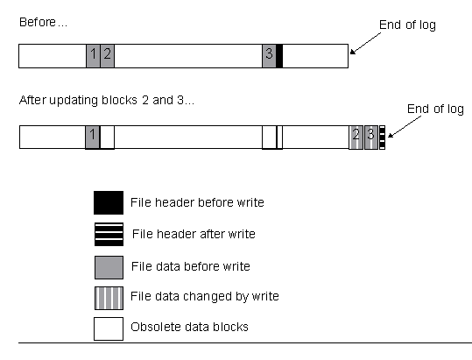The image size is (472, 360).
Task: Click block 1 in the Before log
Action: (x=93, y=56)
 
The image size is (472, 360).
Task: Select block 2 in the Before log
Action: (x=107, y=56)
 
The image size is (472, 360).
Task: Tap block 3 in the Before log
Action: (x=269, y=56)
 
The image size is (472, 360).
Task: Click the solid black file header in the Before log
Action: (x=279, y=56)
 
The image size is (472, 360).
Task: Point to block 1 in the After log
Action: (x=93, y=137)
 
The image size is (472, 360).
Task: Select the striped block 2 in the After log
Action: (x=356, y=138)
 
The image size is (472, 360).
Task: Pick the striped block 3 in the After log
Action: (x=371, y=138)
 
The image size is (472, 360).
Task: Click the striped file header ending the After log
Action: (x=382, y=138)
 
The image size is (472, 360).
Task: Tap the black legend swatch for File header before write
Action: (x=109, y=202)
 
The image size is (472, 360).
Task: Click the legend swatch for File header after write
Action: (x=109, y=234)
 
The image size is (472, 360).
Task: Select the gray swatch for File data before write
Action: (x=109, y=267)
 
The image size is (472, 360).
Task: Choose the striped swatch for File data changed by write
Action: (x=109, y=298)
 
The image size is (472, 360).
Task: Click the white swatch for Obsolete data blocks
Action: (x=109, y=328)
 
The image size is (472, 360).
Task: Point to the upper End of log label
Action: (x=407, y=25)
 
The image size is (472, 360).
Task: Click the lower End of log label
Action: (x=435, y=109)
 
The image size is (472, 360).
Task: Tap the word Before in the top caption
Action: (x=38, y=22)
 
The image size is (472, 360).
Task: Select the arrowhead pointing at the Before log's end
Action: (x=352, y=53)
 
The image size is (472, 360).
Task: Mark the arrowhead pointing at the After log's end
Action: (x=391, y=136)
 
